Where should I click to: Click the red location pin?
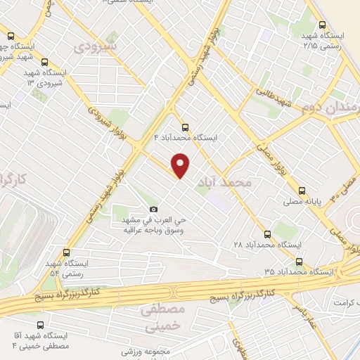(x=181, y=165)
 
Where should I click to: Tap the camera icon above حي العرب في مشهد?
(x=154, y=209)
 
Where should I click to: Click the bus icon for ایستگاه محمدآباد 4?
(x=185, y=127)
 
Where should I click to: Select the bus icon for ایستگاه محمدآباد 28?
(x=266, y=233)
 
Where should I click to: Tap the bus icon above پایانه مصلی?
(x=302, y=190)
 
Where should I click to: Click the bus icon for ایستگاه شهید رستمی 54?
(x=67, y=252)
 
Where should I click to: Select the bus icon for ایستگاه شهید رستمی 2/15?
(x=322, y=24)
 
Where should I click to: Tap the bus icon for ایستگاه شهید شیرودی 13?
(x=45, y=62)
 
